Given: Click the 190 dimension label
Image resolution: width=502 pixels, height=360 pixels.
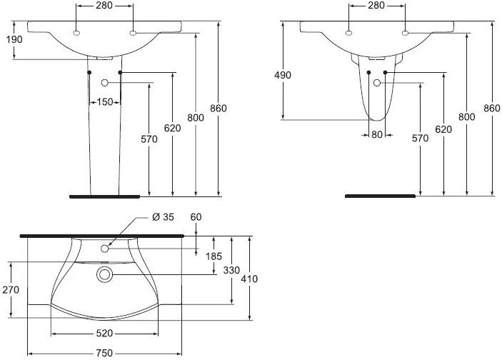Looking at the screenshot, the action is tap(14, 39).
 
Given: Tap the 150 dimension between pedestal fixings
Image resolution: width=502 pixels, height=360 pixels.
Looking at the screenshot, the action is tap(105, 102).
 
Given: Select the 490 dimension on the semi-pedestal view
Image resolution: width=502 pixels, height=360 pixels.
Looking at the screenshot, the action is tap(283, 75).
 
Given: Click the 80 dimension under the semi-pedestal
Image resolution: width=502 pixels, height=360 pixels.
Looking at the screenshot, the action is tap(377, 134).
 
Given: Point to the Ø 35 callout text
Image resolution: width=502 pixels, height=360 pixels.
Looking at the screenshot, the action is tap(164, 217).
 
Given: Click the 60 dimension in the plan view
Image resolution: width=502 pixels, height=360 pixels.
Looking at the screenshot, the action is tap(196, 217).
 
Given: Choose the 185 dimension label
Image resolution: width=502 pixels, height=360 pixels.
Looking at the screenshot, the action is tap(214, 256).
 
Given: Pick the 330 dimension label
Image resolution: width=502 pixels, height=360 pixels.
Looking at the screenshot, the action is tap(231, 270).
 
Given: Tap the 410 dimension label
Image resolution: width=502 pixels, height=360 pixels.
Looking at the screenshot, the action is tap(249, 279).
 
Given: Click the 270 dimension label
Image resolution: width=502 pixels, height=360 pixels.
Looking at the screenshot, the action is tap(11, 289).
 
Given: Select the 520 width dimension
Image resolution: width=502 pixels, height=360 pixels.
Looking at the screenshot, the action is tap(104, 334).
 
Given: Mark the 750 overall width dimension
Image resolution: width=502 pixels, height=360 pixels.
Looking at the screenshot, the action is tap(104, 354).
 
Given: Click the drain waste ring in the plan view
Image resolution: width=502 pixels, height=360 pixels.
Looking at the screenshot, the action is tap(104, 275).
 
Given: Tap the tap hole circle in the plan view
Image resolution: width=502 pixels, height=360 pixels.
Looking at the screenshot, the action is tap(105, 249).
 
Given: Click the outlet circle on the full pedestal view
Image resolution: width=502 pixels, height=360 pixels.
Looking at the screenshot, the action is tap(105, 83).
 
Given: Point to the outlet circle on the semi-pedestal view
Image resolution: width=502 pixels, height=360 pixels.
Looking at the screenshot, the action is tap(377, 83).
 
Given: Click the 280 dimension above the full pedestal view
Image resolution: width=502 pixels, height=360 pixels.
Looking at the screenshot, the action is tap(104, 6).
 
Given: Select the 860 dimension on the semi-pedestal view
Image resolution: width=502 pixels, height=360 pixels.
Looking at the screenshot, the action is tap(492, 109).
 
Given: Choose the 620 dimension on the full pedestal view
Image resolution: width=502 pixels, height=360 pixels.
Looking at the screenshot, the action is tap(172, 128).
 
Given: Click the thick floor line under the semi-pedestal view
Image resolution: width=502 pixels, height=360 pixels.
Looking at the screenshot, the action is tap(381, 196).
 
